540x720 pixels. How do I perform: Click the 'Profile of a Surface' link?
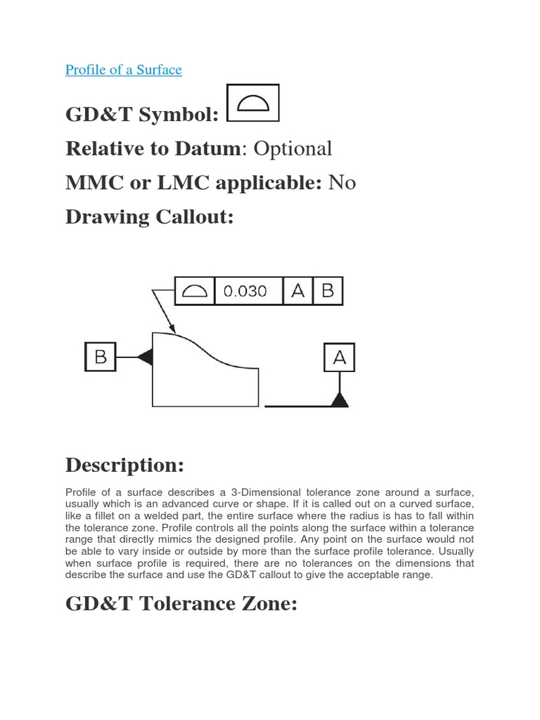tap(124, 70)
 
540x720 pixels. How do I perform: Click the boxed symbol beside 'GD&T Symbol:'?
tap(254, 104)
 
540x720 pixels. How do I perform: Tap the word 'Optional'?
tap(292, 148)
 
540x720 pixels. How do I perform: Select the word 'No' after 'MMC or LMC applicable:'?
tap(342, 183)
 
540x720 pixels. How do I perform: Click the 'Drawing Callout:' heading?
tap(148, 217)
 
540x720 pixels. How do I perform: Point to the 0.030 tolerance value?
tap(245, 291)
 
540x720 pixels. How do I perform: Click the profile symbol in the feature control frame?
tap(194, 291)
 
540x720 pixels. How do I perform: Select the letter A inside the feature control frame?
tap(297, 291)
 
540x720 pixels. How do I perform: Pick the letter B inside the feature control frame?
tap(328, 291)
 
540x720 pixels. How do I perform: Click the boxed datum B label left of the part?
tap(101, 357)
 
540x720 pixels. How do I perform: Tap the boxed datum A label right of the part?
tap(340, 358)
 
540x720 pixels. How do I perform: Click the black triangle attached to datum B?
tap(146, 357)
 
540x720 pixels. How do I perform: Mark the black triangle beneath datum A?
tap(340, 400)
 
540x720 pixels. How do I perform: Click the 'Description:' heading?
tap(124, 465)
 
